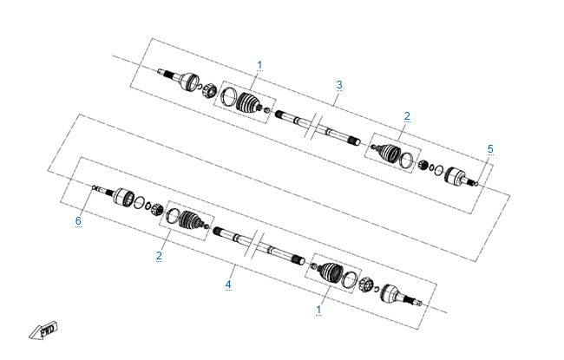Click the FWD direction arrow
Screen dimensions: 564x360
43,331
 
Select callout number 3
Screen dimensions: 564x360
339,85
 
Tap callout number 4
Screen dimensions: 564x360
228,285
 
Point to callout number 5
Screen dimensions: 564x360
490,149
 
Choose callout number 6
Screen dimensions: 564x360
78,220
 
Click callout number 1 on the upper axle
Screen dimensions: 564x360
259,65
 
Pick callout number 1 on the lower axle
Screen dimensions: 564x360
318,310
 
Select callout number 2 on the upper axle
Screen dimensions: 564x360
407,115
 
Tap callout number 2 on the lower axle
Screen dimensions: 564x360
159,255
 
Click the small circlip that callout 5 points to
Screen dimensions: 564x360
476,184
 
